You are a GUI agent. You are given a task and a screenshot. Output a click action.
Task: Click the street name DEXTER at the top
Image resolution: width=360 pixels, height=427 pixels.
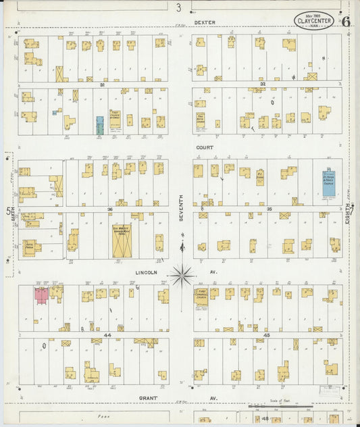click(x=205, y=22)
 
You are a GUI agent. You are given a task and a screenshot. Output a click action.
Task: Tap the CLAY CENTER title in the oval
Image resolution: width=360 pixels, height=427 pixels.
click(x=314, y=22)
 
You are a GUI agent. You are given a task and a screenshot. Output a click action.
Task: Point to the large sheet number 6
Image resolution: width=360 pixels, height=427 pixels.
click(x=346, y=21)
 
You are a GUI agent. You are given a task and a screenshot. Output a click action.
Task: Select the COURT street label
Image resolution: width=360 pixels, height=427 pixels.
click(x=205, y=147)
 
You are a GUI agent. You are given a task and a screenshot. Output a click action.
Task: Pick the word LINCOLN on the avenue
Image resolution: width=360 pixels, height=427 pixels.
click(x=147, y=272)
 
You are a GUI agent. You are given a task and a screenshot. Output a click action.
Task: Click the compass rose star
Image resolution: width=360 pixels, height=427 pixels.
click(x=181, y=275)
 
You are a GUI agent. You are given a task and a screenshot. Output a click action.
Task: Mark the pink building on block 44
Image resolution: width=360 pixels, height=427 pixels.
click(x=41, y=295)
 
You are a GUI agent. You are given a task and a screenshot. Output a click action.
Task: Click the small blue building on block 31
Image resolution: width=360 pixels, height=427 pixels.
click(x=100, y=125)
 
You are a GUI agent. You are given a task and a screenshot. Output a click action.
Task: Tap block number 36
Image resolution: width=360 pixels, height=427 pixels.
click(x=109, y=209)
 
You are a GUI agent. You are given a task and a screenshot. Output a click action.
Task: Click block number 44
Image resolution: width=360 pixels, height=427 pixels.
click(x=107, y=334)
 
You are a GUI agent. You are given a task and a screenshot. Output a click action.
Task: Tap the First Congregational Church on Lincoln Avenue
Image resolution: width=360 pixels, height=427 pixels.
click(x=201, y=298)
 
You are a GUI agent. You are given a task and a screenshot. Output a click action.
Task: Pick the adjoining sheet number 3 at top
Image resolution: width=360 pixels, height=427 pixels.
click(x=179, y=8)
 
